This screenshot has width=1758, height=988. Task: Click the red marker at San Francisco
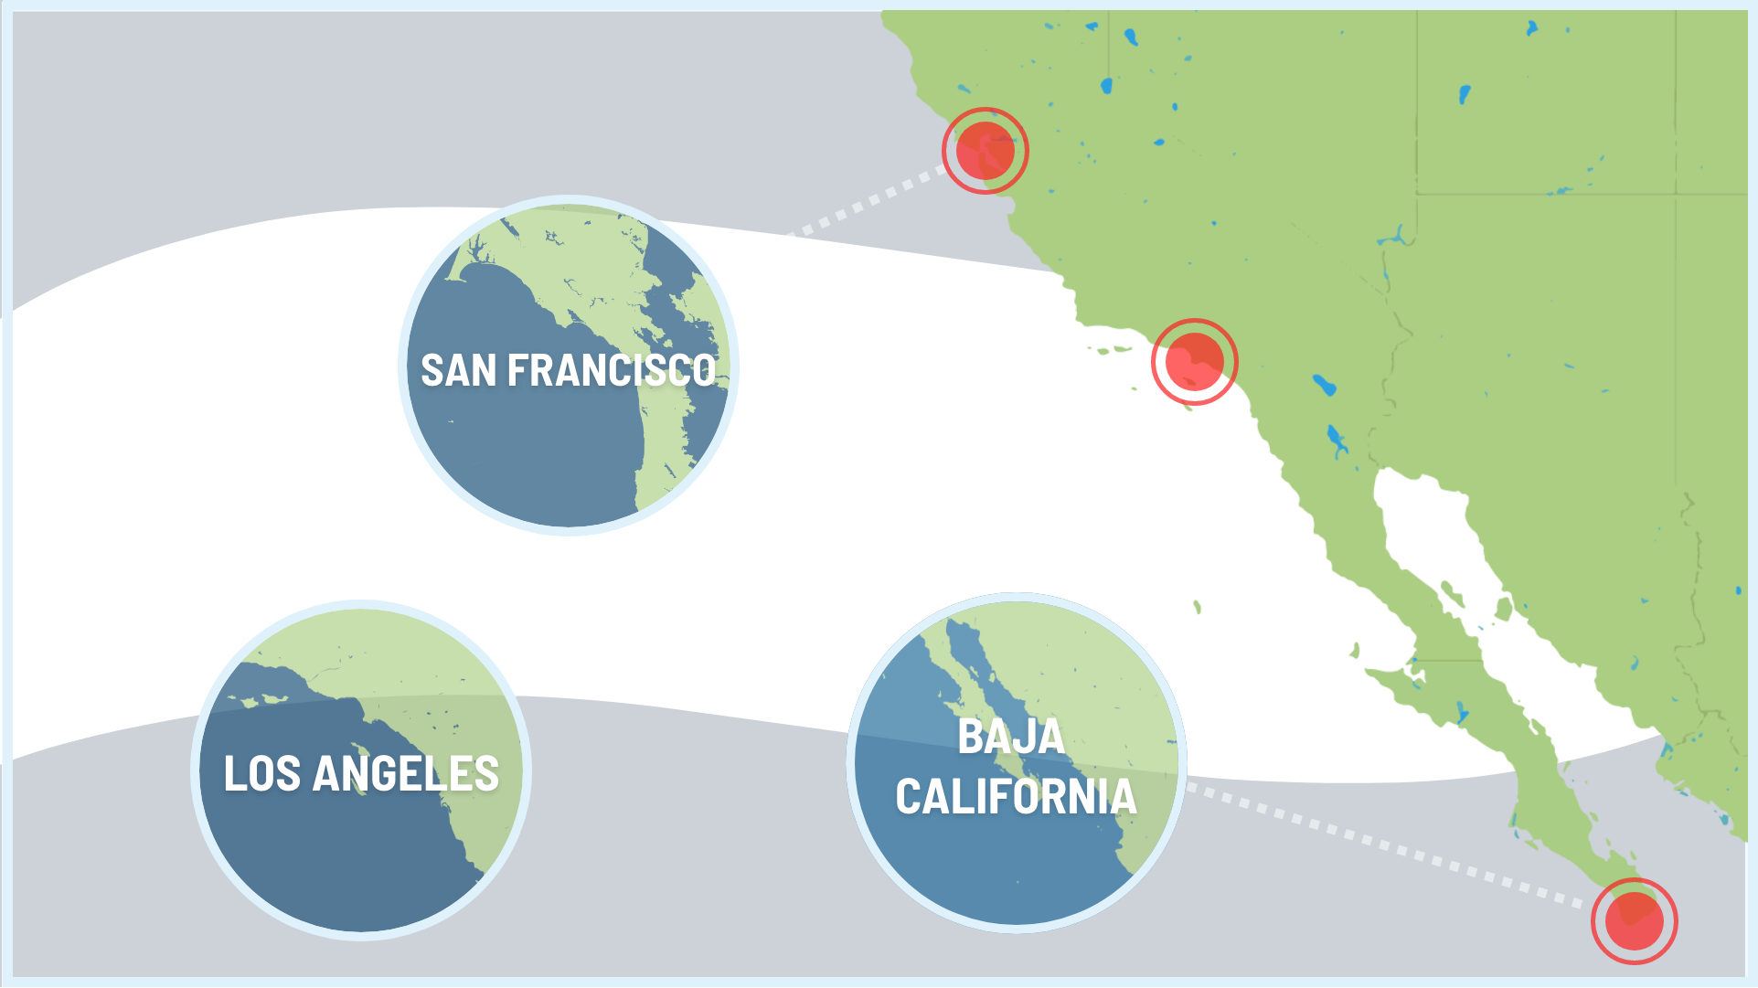coord(985,151)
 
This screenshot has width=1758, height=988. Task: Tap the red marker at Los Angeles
coord(1194,362)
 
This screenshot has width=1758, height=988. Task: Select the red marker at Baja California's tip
coord(1634,920)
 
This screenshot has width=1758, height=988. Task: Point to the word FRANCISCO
coord(612,371)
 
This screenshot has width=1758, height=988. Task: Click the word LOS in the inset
coord(261,774)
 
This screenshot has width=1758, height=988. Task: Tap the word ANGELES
coord(406,774)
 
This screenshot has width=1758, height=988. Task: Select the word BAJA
coord(1011,737)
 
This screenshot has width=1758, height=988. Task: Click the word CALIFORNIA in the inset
coord(1016,797)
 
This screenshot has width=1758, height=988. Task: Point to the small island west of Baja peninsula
coord(1197,606)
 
